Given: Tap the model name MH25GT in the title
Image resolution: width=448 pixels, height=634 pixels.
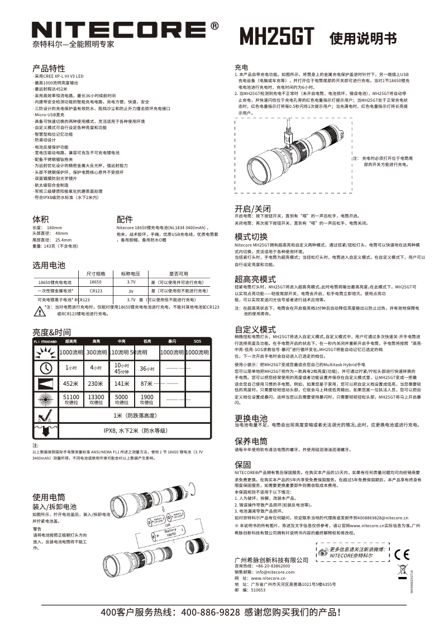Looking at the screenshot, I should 277,36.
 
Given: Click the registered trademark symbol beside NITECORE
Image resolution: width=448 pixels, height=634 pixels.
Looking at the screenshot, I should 215,26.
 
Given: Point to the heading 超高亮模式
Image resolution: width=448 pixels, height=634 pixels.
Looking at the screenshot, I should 255,278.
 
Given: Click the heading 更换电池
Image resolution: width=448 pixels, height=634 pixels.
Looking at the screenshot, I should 251,418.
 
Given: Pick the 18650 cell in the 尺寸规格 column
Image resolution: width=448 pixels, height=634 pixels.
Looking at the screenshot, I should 96,283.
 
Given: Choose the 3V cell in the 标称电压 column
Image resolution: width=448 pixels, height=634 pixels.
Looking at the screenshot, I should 131,291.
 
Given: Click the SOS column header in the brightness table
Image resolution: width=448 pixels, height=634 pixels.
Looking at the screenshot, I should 197,340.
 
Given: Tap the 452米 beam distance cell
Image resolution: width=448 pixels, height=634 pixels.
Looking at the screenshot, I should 70,384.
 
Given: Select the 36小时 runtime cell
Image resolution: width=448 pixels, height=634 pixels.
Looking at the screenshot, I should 146,368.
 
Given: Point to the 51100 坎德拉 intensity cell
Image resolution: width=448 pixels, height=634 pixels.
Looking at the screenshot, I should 72,399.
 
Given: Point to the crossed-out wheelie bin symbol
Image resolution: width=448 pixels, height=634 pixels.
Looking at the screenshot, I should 402,571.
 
